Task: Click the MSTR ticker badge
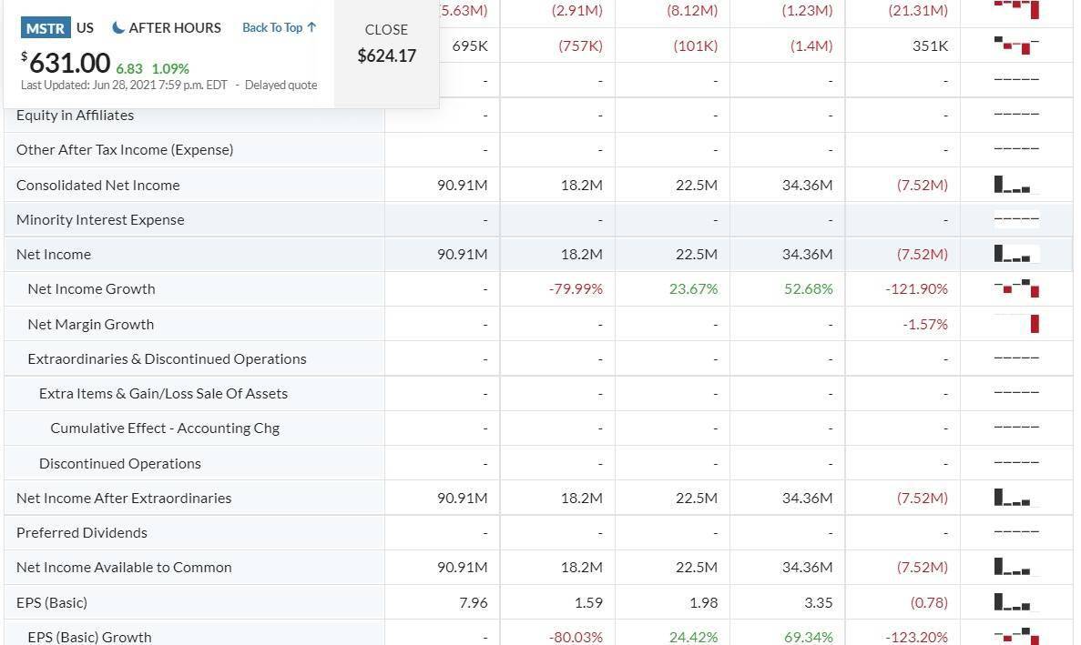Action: pyautogui.click(x=45, y=28)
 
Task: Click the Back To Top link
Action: pyautogui.click(x=279, y=28)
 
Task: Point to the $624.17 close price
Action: pyautogui.click(x=386, y=55)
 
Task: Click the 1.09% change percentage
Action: pyautogui.click(x=170, y=68)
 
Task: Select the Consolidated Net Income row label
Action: pyautogui.click(x=97, y=185)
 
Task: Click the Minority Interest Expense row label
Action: pyautogui.click(x=100, y=219)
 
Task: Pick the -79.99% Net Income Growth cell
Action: pyautogui.click(x=576, y=288)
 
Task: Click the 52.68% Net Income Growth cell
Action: pyautogui.click(x=807, y=288)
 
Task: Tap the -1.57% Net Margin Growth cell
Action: pyautogui.click(x=925, y=324)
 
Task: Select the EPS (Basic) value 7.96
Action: pyautogui.click(x=474, y=602)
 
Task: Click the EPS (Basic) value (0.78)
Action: pyautogui.click(x=929, y=602)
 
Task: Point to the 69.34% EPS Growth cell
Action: pyautogui.click(x=807, y=637)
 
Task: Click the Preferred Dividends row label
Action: pyautogui.click(x=81, y=532)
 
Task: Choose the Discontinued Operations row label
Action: pyautogui.click(x=119, y=463)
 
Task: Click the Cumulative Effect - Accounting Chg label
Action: pyautogui.click(x=165, y=428)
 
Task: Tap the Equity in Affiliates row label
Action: pyautogui.click(x=75, y=115)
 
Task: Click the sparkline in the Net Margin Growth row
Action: pyautogui.click(x=1016, y=324)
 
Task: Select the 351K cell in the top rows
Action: pyautogui.click(x=930, y=45)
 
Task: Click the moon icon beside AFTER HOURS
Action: pyautogui.click(x=118, y=28)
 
